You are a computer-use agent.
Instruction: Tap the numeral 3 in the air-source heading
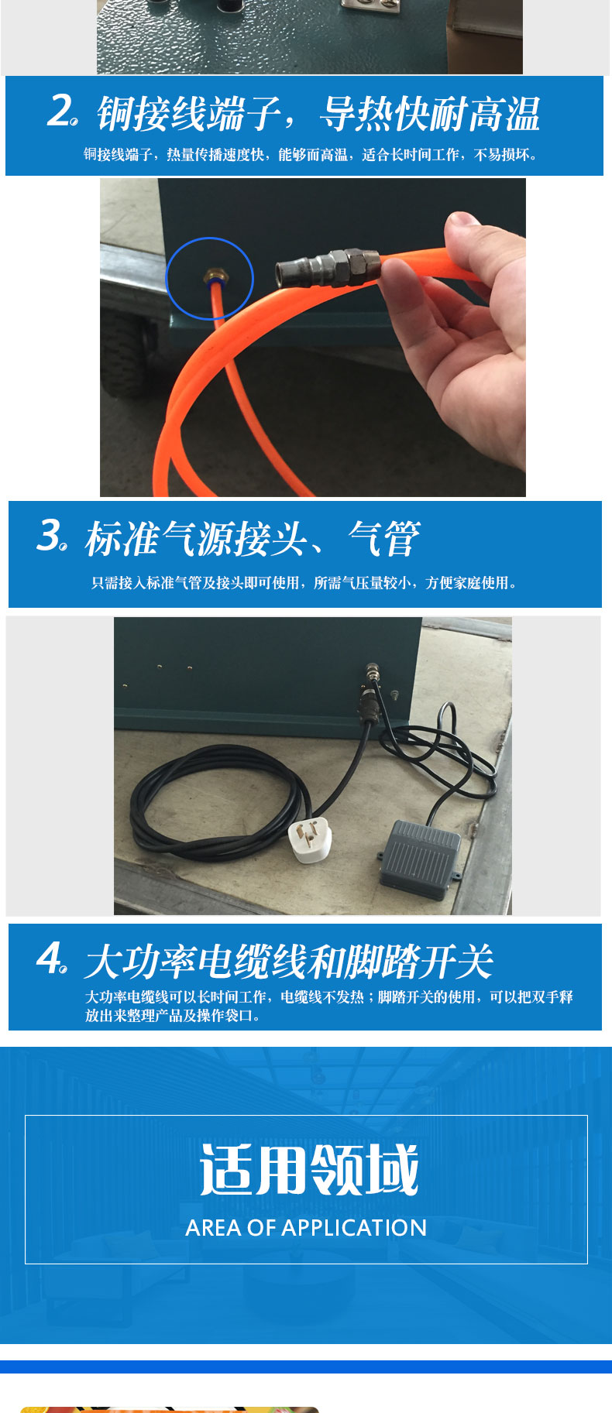coord(50,535)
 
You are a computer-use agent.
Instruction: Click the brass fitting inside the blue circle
coord(210,275)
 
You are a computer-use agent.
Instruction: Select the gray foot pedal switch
coord(419,858)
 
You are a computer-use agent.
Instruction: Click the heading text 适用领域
coord(308,1170)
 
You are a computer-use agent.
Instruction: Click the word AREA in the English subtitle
coord(213,1227)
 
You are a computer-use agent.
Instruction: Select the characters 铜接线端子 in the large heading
coord(188,114)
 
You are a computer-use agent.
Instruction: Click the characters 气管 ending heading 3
coord(384,538)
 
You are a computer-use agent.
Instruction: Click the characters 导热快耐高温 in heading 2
coord(431,114)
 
